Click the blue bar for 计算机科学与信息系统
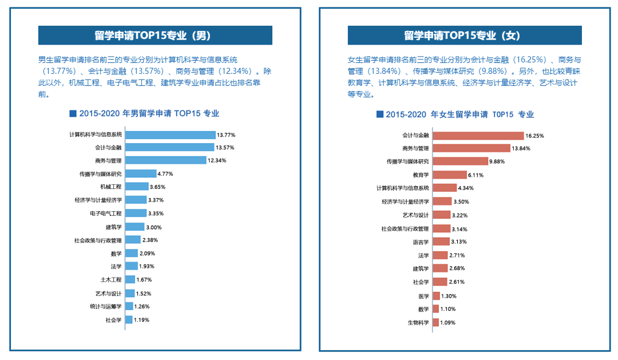point(170,134)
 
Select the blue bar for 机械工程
point(136,187)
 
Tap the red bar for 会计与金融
point(478,136)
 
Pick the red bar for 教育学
point(449,175)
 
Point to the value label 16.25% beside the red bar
point(534,136)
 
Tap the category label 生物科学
point(418,322)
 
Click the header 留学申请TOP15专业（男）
point(155,35)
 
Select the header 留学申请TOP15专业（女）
point(465,35)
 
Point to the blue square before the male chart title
point(72,113)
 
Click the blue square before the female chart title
point(379,114)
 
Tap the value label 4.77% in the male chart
point(165,173)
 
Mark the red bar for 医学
point(436,296)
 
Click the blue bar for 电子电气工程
point(135,213)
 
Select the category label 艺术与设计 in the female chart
point(415,215)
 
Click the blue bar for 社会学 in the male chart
point(129,320)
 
